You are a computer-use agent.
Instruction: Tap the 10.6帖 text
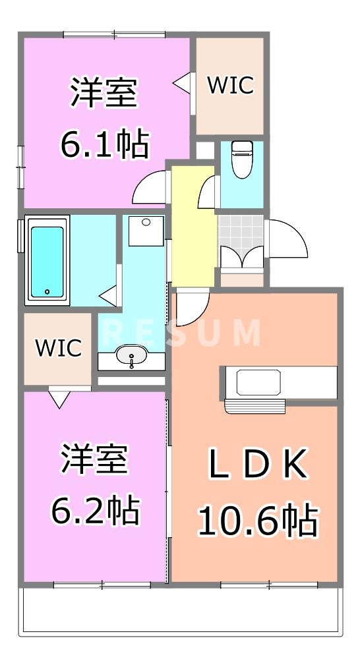coord(258,520)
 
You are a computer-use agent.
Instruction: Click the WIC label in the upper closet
coord(230,85)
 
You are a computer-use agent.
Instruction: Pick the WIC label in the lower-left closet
coord(58,347)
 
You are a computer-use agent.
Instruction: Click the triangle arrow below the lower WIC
coord(59,399)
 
